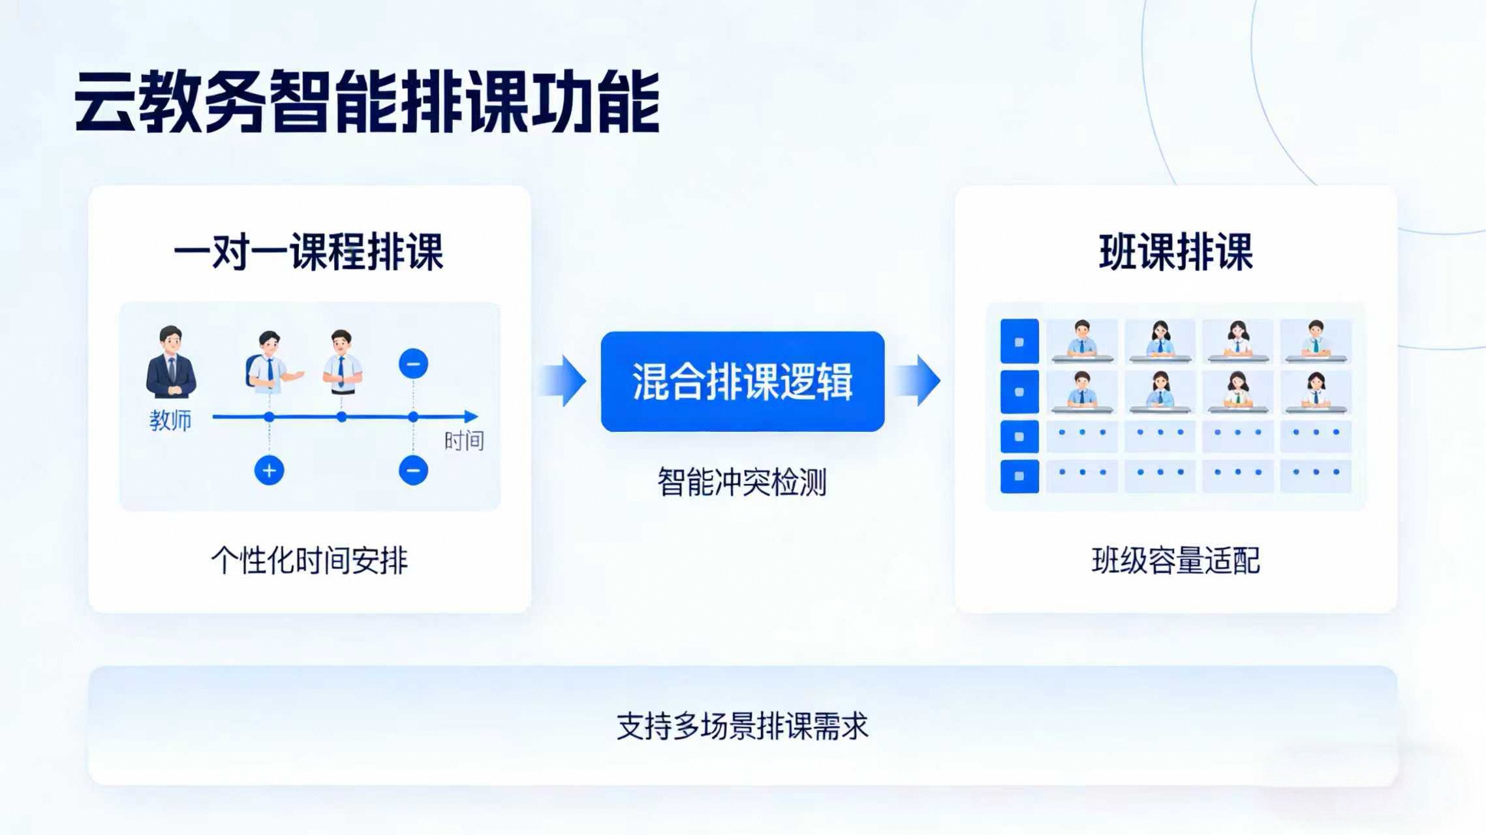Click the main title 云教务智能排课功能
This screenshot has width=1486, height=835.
click(x=367, y=102)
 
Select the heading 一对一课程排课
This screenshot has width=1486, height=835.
click(x=309, y=252)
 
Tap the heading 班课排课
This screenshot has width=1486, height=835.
click(x=1176, y=252)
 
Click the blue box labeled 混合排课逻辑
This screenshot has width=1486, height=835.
click(x=743, y=382)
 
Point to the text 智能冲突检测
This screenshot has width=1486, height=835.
click(x=742, y=482)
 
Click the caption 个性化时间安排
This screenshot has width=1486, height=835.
click(x=309, y=560)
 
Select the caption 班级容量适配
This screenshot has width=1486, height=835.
click(x=1176, y=560)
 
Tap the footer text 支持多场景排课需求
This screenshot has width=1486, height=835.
click(x=743, y=726)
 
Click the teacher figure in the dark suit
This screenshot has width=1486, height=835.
click(x=171, y=362)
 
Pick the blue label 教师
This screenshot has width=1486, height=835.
click(x=170, y=421)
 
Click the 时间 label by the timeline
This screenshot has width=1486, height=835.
click(x=464, y=442)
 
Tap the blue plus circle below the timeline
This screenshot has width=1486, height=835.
click(x=269, y=470)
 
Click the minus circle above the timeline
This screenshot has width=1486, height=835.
click(x=413, y=363)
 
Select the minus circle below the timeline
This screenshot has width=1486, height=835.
click(x=413, y=470)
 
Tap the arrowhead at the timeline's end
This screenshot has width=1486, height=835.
click(x=471, y=416)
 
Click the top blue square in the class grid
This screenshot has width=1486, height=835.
click(x=1019, y=341)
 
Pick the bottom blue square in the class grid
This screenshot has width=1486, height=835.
click(x=1019, y=476)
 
